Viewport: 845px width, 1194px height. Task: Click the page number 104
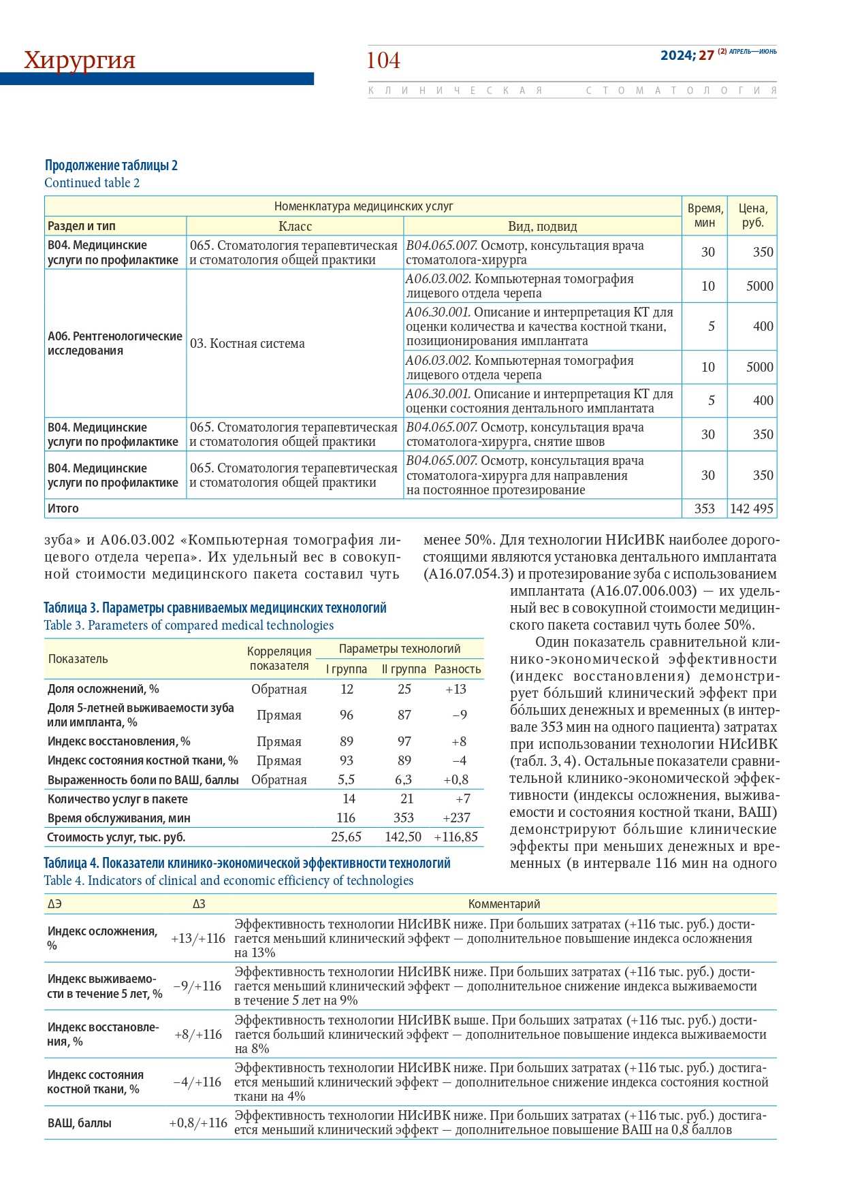[383, 61]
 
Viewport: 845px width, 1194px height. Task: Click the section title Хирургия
[80, 60]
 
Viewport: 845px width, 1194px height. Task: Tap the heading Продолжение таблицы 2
[111, 165]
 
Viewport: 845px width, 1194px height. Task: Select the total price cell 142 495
[752, 509]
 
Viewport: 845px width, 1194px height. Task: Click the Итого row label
[63, 509]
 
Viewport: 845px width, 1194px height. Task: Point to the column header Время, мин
[705, 215]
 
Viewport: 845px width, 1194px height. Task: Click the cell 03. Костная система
[247, 343]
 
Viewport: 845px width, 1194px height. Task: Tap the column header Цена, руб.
[752, 215]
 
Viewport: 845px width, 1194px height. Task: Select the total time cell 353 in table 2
[705, 509]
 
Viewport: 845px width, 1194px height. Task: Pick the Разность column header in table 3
[458, 669]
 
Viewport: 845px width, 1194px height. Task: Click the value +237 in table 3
[461, 818]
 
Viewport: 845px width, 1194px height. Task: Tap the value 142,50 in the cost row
[403, 837]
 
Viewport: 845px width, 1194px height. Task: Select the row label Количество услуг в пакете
[118, 799]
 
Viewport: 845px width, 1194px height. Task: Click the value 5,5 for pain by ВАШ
[347, 779]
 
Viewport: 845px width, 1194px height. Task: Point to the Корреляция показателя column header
[279, 658]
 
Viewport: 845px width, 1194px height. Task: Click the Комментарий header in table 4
[504, 904]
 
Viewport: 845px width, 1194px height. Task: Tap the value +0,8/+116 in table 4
[198, 1123]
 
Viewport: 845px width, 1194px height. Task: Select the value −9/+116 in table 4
[197, 986]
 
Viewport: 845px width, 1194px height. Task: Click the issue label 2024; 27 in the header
[687, 55]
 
